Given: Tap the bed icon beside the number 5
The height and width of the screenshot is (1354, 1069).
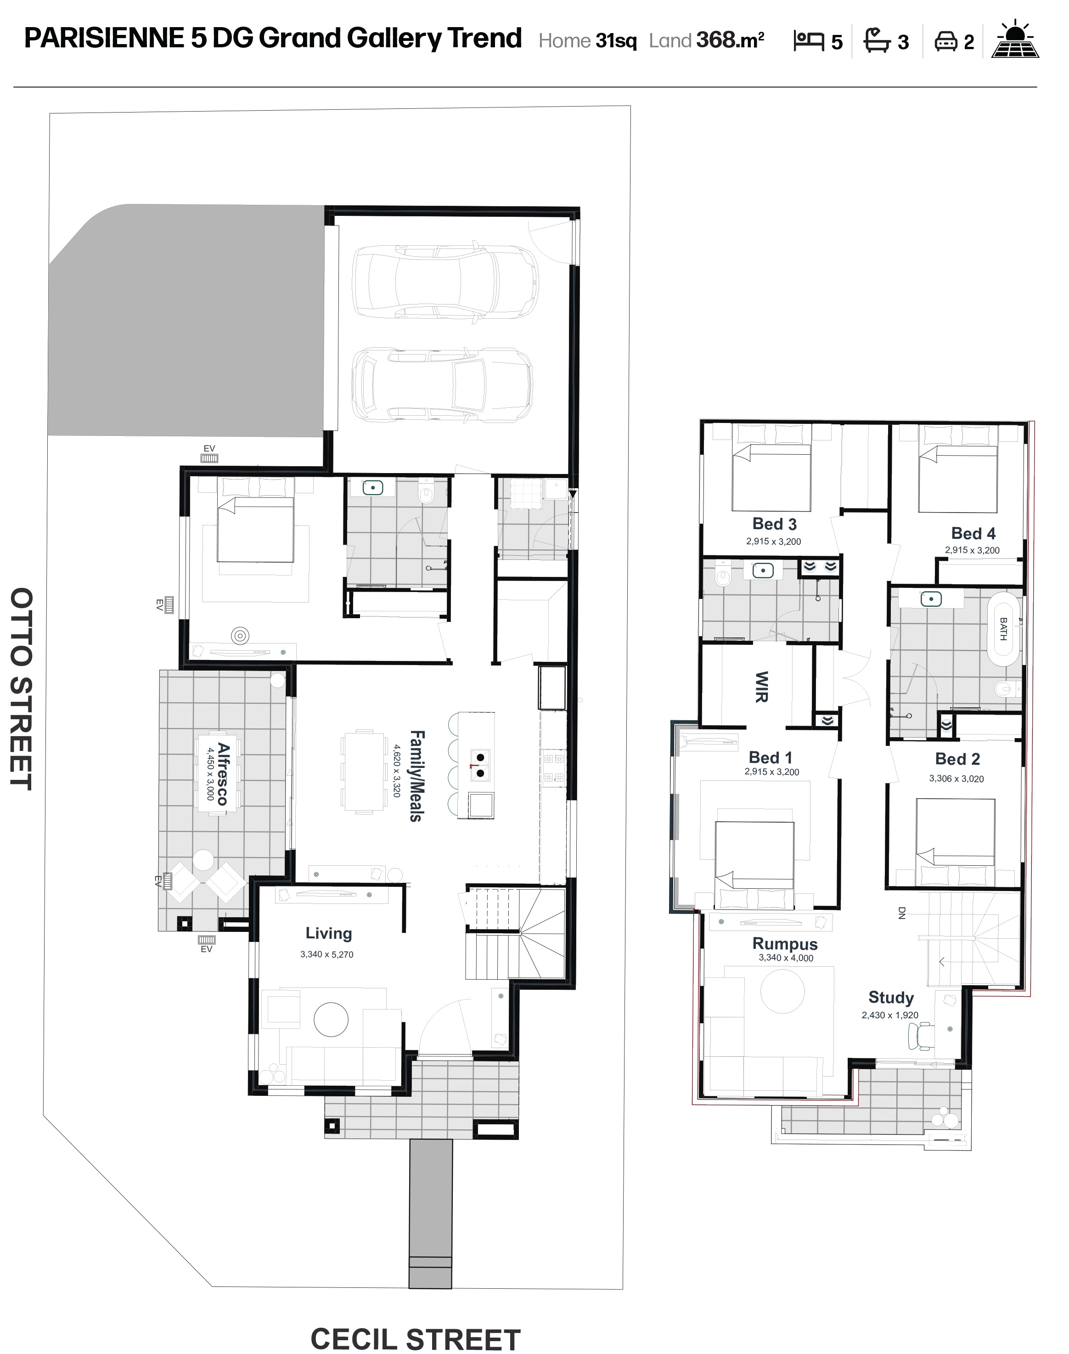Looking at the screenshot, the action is [x=809, y=41].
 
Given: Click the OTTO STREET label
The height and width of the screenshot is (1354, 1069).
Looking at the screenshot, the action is [x=21, y=688].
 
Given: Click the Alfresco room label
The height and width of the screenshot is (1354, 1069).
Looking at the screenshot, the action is [x=223, y=774].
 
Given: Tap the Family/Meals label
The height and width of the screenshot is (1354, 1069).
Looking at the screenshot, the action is [x=416, y=776].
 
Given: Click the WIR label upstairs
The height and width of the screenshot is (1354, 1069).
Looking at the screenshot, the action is [x=762, y=687].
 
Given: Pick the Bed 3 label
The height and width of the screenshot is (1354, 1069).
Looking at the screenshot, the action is [x=774, y=524].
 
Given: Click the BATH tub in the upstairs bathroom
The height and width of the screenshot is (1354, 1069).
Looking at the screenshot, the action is [x=1003, y=628].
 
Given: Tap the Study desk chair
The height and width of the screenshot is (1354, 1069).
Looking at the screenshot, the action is [x=920, y=1035].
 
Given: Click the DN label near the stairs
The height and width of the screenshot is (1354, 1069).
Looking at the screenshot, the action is [x=902, y=914].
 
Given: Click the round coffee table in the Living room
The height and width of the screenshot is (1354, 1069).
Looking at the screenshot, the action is [x=331, y=1021].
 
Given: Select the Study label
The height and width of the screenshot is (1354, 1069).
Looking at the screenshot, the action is [x=891, y=997].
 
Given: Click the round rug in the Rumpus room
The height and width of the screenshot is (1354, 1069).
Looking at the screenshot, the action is [x=782, y=991].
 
